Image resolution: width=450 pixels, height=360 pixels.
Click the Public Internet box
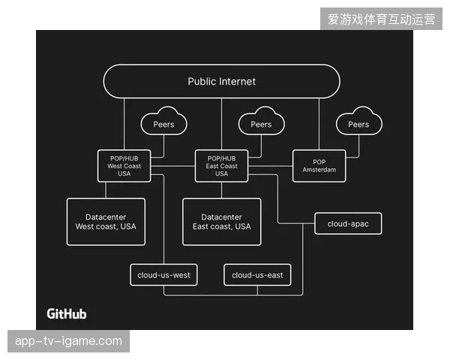coord(221,82)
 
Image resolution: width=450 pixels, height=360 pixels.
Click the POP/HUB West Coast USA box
coord(124,166)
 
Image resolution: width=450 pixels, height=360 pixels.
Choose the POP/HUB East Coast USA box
coord(221,166)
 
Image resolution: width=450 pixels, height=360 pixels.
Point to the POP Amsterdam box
coord(319,166)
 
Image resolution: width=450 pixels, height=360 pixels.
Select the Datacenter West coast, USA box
coord(106,222)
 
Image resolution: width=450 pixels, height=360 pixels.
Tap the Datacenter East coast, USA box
coord(221,222)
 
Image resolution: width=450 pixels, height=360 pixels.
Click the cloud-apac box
coord(348,223)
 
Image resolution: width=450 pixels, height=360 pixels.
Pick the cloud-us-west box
coord(163,275)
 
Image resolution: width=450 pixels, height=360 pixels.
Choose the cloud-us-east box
coord(257,275)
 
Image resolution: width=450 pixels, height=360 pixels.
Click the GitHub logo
coord(67,313)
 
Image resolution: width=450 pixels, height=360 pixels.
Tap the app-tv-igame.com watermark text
coord(68,341)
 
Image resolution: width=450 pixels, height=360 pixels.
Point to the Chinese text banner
coord(381,19)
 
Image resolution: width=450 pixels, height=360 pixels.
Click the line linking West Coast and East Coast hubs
coord(172,166)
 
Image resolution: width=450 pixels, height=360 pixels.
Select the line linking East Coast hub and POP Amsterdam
coord(270,166)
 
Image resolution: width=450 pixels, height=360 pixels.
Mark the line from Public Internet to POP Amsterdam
coord(319,124)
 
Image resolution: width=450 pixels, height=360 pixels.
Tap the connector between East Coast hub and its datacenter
coord(221,190)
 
